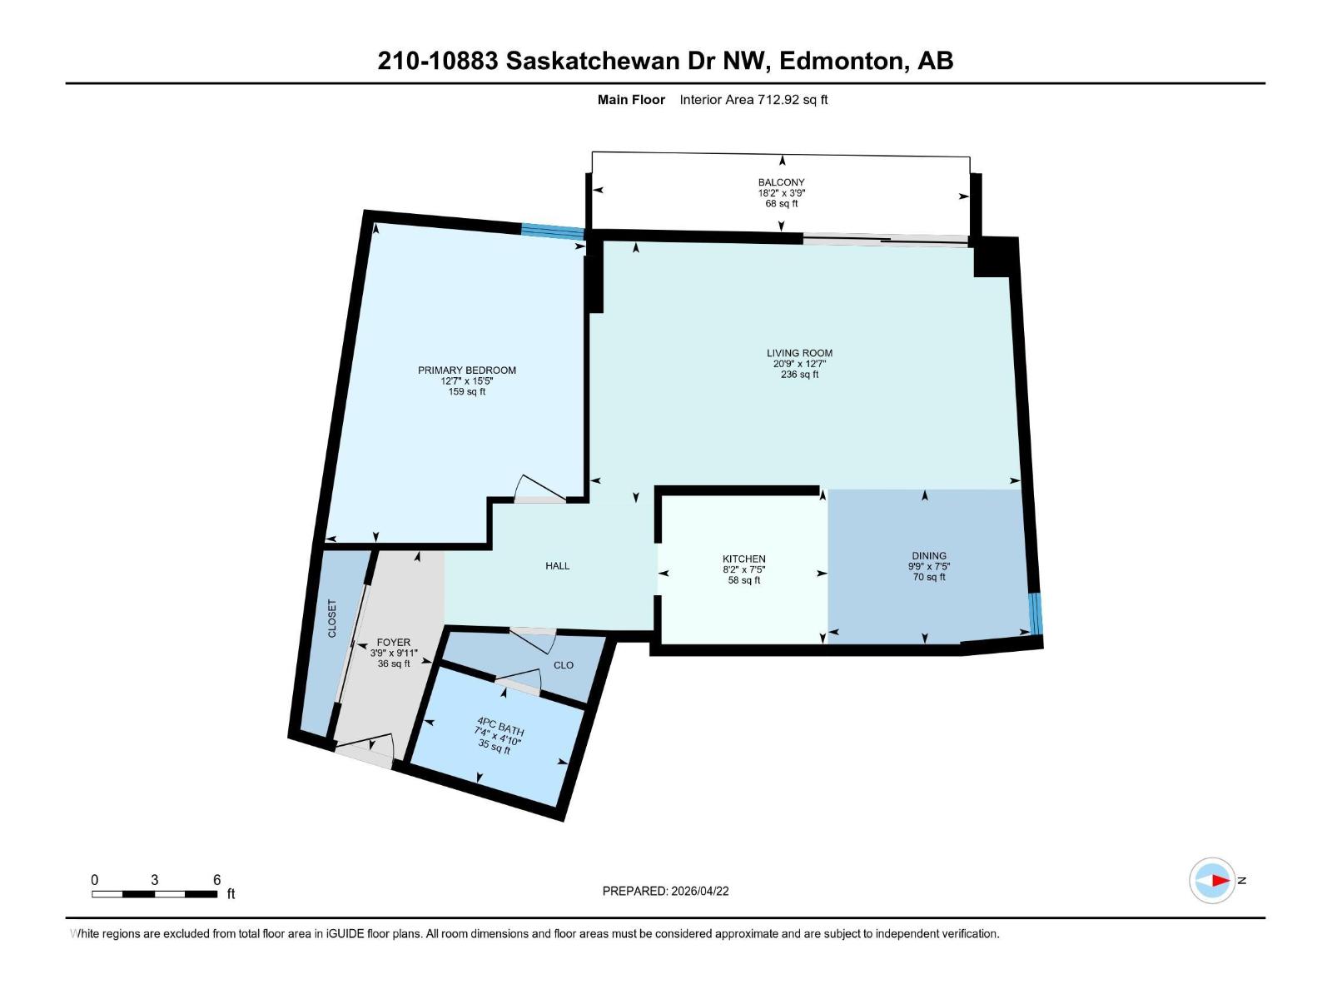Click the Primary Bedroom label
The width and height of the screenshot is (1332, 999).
click(466, 370)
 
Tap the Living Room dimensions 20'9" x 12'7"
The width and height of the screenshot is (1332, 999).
click(799, 364)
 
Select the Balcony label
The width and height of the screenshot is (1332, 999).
click(781, 182)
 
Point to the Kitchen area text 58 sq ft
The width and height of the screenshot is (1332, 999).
click(743, 580)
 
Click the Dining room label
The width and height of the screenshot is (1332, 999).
click(928, 555)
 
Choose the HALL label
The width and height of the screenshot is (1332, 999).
click(557, 566)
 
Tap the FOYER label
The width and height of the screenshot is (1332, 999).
click(393, 642)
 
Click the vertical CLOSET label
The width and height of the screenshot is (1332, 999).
click(332, 619)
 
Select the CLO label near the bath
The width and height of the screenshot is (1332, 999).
click(564, 665)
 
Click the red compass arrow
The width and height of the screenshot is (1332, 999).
click(1220, 880)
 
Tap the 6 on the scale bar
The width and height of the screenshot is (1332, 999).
click(216, 880)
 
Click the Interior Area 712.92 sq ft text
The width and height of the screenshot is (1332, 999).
click(753, 100)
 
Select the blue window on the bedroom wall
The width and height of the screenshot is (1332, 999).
click(553, 231)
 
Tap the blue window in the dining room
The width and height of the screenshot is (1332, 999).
click(1035, 614)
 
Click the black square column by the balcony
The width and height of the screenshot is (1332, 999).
click(995, 256)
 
